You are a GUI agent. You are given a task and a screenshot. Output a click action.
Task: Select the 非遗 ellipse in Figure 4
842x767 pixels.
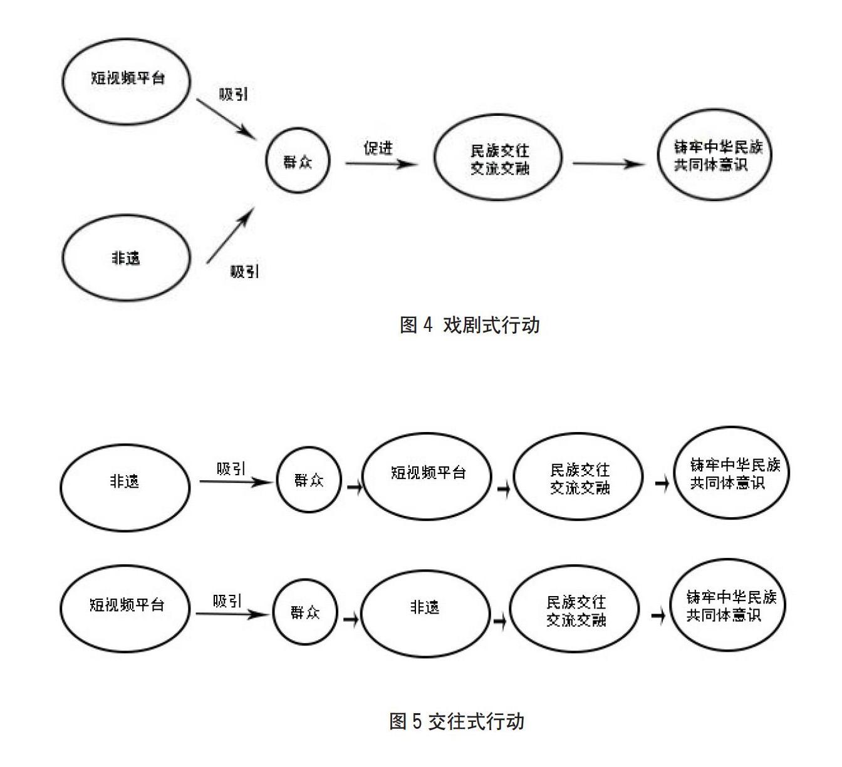coord(126,258)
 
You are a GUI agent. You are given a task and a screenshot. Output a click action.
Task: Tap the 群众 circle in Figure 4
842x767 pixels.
coord(297,162)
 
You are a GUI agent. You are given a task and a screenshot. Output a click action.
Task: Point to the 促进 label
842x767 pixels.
coord(378,148)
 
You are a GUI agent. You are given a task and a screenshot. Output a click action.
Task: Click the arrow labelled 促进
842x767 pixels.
coord(380,164)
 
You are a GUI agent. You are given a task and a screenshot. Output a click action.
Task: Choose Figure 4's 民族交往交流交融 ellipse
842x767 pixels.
coord(499,159)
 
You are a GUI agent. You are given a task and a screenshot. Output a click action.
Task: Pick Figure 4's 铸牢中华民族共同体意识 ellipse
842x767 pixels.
coord(714,156)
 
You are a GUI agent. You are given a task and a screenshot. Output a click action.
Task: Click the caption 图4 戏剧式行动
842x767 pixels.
coord(469,325)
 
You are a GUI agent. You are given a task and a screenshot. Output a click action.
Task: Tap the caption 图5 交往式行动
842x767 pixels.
coord(457,721)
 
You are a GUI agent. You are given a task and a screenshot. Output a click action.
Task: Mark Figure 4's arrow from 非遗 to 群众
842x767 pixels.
coord(230,236)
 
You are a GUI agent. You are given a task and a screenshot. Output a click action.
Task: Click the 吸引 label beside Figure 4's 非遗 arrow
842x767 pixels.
coord(244,272)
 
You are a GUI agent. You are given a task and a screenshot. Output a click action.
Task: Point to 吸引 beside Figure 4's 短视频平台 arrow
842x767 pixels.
coord(233,95)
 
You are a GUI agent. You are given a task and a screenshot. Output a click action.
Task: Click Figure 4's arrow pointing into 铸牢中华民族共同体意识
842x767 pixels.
coord(608,164)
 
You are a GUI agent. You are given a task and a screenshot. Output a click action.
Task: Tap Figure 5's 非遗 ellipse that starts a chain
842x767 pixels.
coord(125,482)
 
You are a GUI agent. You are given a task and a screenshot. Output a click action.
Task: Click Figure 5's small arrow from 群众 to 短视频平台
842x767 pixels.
coord(355,487)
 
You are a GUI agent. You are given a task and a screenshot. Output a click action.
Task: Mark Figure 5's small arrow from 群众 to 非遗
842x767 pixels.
coord(351,619)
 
